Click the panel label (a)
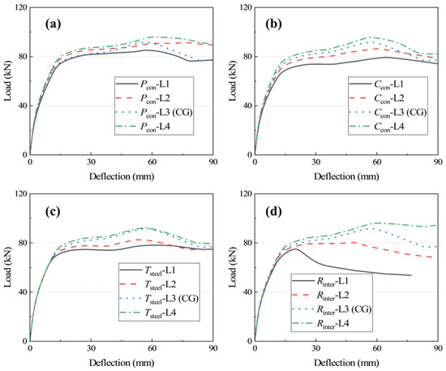[54, 24]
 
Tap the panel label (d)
[273, 211]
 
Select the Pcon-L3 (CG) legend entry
[154, 113]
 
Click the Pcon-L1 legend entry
[144, 84]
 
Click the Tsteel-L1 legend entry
[148, 270]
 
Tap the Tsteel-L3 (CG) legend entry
[159, 299]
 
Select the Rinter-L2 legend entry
[320, 296]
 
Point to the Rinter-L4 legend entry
[320, 324]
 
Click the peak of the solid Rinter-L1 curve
[294, 249]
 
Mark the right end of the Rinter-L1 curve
[411, 275]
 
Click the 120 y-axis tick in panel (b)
[246, 7]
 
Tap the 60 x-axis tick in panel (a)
[152, 162]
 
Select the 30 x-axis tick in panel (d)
[315, 348]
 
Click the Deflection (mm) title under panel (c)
[122, 363]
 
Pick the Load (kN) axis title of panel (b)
[234, 82]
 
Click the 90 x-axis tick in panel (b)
[438, 162]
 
